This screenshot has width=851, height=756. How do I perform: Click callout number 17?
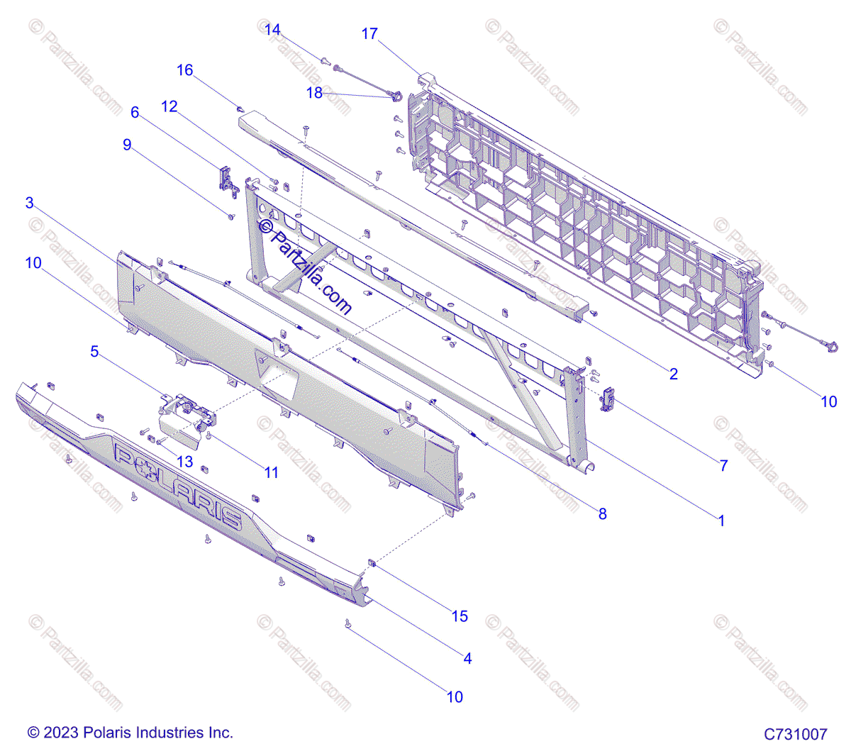(x=369, y=34)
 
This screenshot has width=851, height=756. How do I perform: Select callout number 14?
(x=272, y=30)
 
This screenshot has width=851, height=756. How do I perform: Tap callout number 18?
(x=314, y=93)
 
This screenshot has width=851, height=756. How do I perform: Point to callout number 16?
(x=184, y=70)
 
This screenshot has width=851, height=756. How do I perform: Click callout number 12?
(x=169, y=106)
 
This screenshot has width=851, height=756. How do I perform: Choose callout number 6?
(x=135, y=112)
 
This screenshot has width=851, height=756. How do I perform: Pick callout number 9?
(x=127, y=145)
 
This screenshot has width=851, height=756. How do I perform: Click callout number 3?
(x=30, y=203)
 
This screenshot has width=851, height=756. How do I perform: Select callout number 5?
(x=94, y=351)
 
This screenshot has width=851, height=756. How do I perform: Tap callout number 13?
(x=184, y=462)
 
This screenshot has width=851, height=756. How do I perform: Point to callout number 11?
(x=272, y=472)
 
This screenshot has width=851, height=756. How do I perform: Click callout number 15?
(x=460, y=616)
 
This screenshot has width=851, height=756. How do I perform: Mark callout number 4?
(x=467, y=658)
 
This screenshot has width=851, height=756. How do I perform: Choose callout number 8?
(x=603, y=513)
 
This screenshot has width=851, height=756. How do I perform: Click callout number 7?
(x=723, y=465)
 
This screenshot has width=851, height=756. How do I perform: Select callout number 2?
(x=674, y=374)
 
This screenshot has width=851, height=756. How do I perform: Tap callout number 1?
(x=721, y=521)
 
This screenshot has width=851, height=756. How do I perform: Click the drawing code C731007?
(x=795, y=734)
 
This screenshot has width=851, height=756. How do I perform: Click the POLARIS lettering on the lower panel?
(x=177, y=485)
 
